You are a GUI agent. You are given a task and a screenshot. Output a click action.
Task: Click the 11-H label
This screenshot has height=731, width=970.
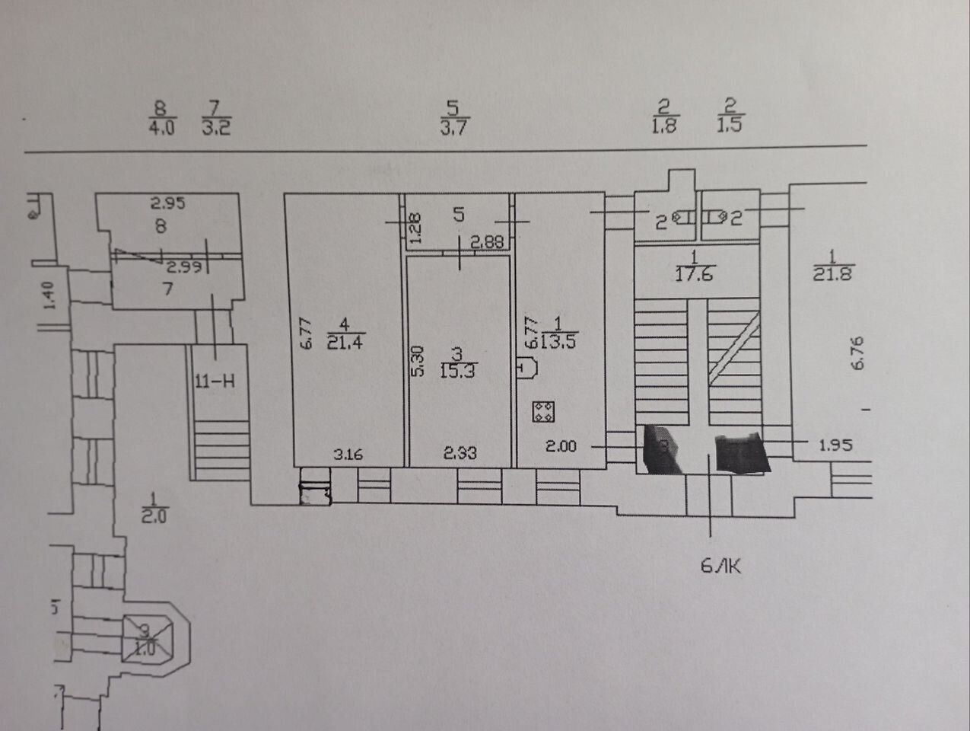tap(214, 381)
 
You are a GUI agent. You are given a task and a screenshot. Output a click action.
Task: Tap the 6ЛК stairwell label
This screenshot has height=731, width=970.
tap(719, 565)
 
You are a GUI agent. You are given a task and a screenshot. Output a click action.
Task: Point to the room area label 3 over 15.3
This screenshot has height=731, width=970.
tap(456, 362)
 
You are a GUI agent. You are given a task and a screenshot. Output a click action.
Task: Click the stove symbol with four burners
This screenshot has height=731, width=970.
tap(542, 412)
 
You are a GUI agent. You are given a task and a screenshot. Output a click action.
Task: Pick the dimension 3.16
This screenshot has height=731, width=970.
tap(348, 455)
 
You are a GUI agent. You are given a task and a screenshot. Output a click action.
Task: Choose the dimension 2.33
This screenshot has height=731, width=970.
tap(460, 452)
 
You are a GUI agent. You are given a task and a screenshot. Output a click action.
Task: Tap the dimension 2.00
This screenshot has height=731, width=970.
tap(561, 446)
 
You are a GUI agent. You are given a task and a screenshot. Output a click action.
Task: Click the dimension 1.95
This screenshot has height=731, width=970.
tap(835, 444)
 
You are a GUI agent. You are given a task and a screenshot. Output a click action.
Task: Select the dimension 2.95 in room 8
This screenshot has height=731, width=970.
tap(167, 203)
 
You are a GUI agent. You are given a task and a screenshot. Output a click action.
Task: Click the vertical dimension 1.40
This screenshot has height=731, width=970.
tap(49, 295)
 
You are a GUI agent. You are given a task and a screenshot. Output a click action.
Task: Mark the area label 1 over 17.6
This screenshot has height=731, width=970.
tap(693, 266)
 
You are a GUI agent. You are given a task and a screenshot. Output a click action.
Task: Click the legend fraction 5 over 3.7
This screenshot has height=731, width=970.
tap(453, 118)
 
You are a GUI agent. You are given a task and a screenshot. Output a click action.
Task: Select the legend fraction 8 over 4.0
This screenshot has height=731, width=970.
tap(160, 118)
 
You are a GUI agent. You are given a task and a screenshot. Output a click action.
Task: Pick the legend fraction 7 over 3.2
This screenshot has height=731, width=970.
tap(215, 118)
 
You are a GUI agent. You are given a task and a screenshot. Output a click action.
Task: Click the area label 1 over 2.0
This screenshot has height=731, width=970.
tap(154, 508)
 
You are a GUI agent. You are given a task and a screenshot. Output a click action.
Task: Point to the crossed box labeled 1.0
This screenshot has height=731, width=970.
tap(147, 638)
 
